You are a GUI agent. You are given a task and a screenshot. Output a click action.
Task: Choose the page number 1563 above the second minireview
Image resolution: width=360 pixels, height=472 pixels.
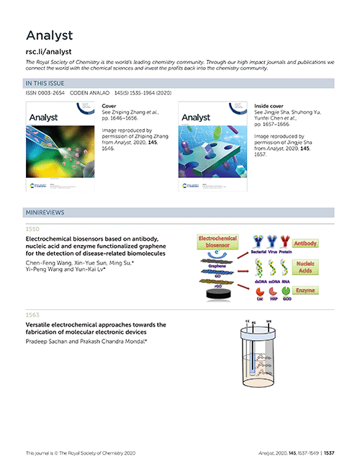click(34, 315)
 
